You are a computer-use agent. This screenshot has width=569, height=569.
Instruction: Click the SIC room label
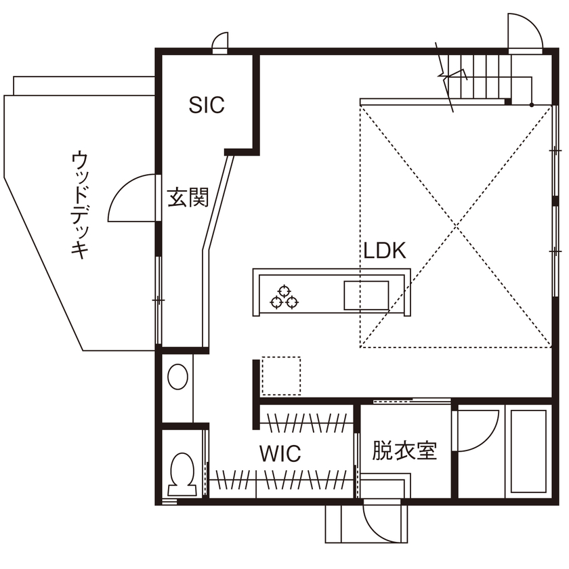(x=207, y=105)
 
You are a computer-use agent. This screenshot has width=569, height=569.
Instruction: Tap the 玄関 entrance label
(x=187, y=197)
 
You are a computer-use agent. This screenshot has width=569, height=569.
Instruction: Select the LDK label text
(x=384, y=251)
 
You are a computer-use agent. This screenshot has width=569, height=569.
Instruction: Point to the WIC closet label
(x=280, y=453)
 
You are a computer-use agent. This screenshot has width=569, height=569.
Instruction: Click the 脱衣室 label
(x=404, y=450)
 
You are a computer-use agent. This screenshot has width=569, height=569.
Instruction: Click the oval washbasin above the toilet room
(x=178, y=377)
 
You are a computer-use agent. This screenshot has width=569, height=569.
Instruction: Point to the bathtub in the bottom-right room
(x=529, y=452)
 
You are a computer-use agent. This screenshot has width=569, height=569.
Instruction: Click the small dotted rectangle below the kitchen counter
(x=280, y=376)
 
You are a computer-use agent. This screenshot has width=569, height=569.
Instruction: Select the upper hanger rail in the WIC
(x=306, y=423)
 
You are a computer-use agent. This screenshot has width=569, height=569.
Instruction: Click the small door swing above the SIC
(x=220, y=43)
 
